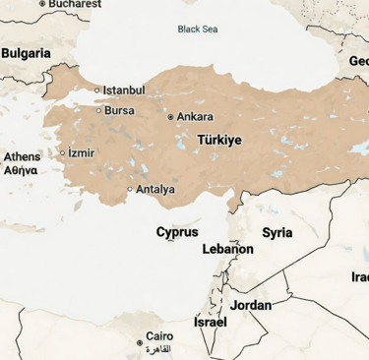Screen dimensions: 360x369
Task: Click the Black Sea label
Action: click(x=197, y=29)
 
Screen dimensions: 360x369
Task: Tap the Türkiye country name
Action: click(x=219, y=141)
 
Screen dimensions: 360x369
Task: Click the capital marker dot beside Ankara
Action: click(x=171, y=116)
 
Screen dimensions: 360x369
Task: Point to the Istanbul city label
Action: click(x=124, y=90)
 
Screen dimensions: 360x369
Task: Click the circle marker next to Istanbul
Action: click(x=97, y=90)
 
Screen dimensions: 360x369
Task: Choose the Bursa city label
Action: click(x=119, y=110)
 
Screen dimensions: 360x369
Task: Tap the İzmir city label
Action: click(x=82, y=152)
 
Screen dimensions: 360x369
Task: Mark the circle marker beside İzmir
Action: click(x=62, y=152)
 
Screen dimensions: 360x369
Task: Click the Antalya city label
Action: click(x=155, y=189)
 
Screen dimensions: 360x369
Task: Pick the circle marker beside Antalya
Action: click(x=130, y=189)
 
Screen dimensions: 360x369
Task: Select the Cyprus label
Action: click(x=177, y=232)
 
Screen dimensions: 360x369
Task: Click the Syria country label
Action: click(x=277, y=233)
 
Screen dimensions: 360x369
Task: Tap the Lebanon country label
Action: click(x=228, y=250)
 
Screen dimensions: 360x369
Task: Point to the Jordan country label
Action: click(x=251, y=305)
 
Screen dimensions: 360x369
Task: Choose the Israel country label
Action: click(x=211, y=322)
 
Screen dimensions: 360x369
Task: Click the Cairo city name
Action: click(x=159, y=336)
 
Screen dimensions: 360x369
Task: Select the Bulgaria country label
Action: click(x=26, y=53)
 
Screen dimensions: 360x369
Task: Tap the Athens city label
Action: click(x=22, y=157)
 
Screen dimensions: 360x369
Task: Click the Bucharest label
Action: click(x=75, y=4)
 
